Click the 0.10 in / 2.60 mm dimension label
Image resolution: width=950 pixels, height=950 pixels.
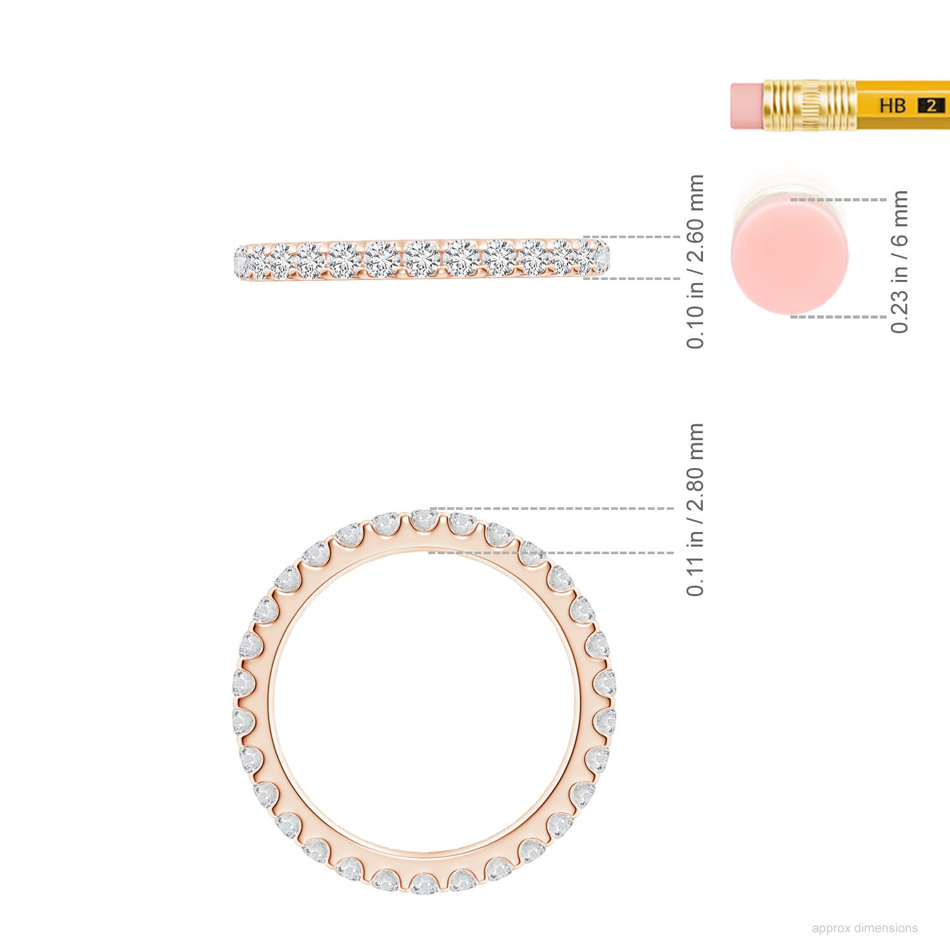click(x=695, y=261)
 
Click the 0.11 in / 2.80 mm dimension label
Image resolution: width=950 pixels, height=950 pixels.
click(x=695, y=510)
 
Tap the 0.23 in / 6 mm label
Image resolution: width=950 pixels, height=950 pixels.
click(x=899, y=261)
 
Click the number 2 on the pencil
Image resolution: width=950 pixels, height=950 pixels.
click(x=930, y=106)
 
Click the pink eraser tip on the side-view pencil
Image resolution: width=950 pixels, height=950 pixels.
click(x=747, y=106)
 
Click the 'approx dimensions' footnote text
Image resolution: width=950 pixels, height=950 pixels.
click(x=864, y=928)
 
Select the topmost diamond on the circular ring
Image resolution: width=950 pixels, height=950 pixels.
click(x=424, y=521)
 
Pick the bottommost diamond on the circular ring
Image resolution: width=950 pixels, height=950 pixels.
click(x=424, y=883)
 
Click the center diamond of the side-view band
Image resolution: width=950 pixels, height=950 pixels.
click(x=422, y=258)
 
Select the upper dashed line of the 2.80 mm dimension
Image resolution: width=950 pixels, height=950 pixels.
click(x=551, y=509)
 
